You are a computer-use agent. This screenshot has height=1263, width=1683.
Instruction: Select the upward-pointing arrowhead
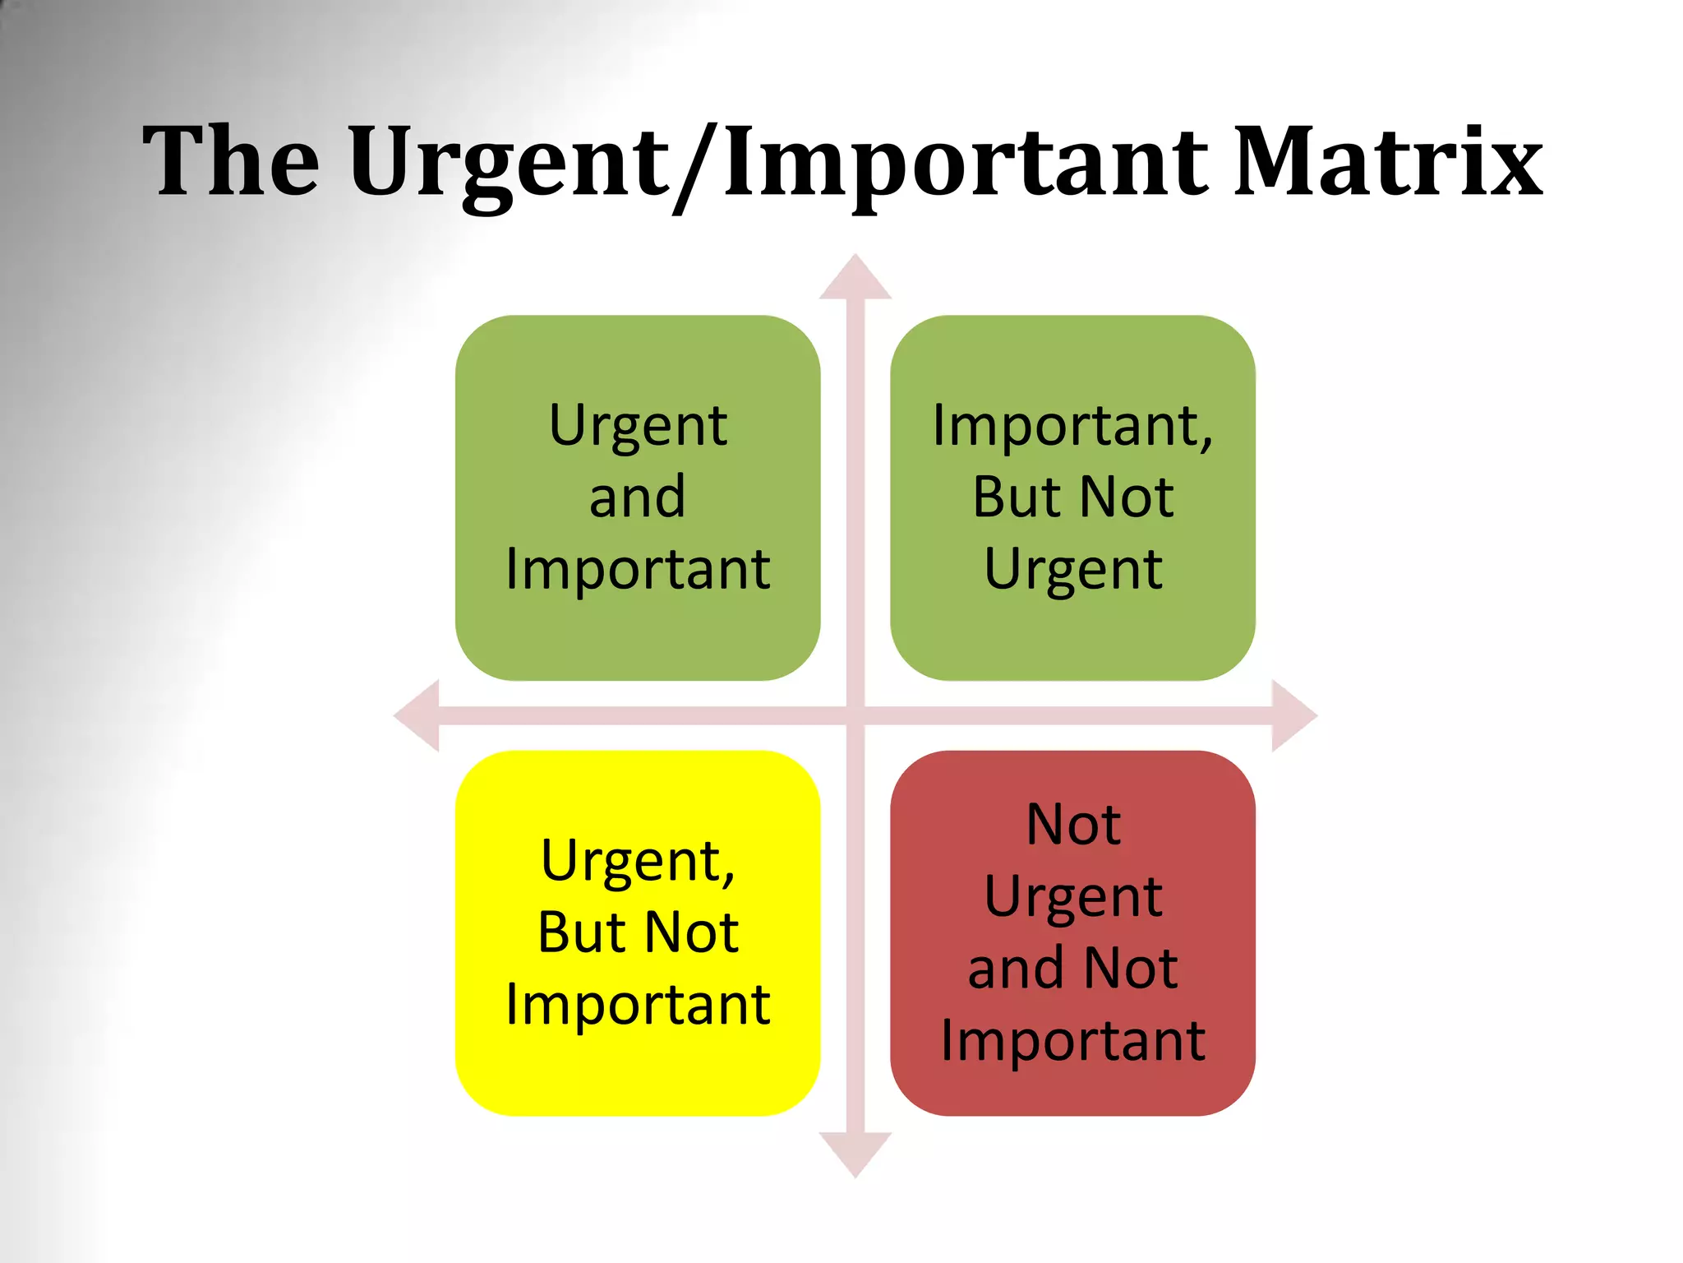pos(855,278)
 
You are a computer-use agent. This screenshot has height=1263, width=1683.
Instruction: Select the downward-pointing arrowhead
pos(855,1153)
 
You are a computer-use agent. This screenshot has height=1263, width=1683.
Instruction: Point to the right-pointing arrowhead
pos(1293,715)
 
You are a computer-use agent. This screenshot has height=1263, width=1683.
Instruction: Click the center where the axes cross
pos(855,715)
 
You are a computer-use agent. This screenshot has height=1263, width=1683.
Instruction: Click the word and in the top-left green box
pos(638,497)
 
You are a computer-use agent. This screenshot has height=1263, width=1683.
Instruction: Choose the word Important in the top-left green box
pos(638,569)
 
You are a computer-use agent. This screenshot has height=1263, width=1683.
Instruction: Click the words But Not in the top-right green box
pos(1072,497)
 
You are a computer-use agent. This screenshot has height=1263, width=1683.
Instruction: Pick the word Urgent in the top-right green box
pos(1072,569)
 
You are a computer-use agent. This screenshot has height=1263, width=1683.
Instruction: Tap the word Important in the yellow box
pos(638,1004)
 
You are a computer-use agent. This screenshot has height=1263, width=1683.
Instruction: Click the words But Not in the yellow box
pos(638,932)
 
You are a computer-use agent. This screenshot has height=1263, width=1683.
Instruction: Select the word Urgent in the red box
pos(1072,896)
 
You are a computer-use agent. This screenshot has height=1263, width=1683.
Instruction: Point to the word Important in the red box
pos(1072,1040)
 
